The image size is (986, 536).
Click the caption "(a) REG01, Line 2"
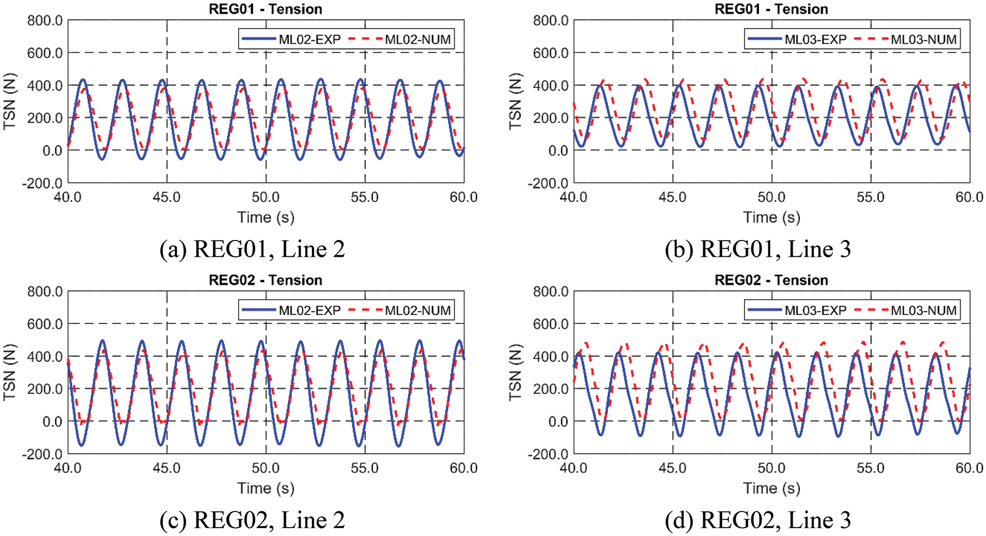(x=252, y=250)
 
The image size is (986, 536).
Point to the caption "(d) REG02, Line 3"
(x=758, y=520)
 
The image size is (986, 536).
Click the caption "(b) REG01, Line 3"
(x=758, y=250)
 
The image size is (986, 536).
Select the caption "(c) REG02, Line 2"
(x=252, y=520)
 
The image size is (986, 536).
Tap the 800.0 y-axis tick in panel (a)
(x=45, y=21)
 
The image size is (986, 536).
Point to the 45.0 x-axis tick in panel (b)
(x=673, y=198)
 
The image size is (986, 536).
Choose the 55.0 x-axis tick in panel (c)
(x=365, y=468)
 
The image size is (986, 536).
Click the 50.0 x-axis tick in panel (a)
(x=266, y=198)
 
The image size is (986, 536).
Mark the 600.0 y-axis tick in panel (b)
(x=551, y=53)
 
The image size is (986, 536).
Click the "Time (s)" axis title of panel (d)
(x=771, y=488)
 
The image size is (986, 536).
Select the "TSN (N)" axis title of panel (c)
(x=10, y=372)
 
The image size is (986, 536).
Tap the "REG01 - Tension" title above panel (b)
(x=771, y=9)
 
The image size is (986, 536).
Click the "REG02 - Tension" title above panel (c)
(x=266, y=280)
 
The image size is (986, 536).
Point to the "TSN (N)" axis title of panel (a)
(x=10, y=101)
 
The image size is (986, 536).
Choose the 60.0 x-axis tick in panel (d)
(x=969, y=468)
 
